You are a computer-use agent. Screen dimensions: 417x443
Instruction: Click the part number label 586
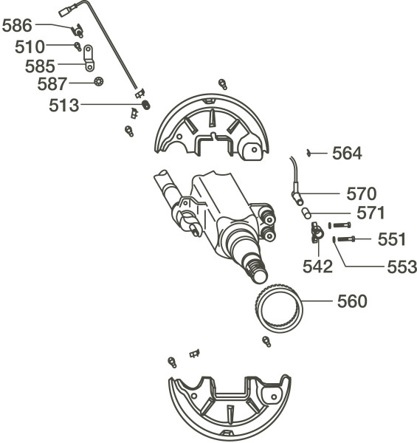tap(17, 25)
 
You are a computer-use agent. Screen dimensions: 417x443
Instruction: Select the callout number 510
tap(30, 47)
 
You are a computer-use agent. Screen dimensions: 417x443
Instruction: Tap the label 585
tap(40, 66)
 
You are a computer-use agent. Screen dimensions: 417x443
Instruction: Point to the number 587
tap(52, 84)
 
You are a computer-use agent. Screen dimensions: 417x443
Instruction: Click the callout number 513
tap(64, 106)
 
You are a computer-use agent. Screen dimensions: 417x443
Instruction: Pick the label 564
tap(347, 154)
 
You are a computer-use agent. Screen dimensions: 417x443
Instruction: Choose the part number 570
tap(362, 193)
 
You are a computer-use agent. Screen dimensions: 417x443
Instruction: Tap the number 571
tap(371, 213)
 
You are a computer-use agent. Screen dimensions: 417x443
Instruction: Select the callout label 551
tap(392, 239)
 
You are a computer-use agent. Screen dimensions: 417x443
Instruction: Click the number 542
tap(317, 267)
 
